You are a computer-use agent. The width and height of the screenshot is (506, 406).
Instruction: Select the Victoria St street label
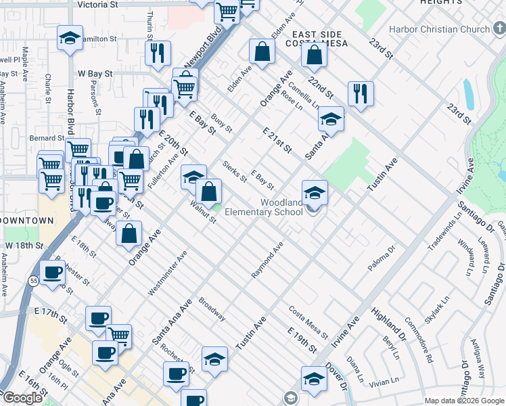(x=97, y=4)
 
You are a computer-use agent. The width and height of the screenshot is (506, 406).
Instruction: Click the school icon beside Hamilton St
(x=70, y=39)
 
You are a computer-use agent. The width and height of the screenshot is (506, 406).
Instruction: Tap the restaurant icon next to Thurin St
(x=158, y=53)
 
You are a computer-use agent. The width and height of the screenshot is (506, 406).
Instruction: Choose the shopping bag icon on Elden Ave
(x=262, y=51)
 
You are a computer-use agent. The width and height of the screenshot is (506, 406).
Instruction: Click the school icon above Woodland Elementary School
(x=315, y=193)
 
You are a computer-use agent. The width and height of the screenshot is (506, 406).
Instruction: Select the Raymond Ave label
(x=267, y=260)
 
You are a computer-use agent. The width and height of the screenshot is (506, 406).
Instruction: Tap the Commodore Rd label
(x=418, y=340)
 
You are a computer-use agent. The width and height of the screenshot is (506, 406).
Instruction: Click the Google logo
(x=22, y=398)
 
